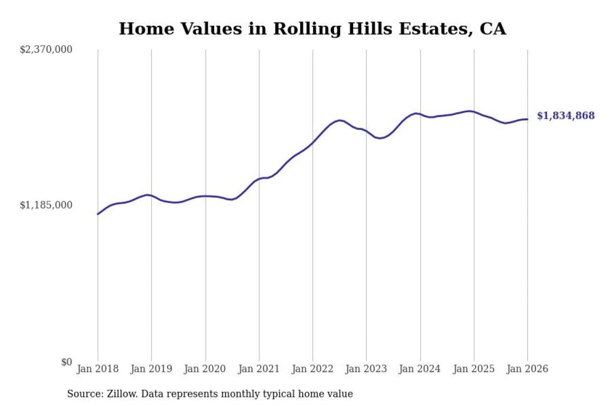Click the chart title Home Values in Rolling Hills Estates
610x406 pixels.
click(312, 29)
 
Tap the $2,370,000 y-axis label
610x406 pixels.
click(46, 50)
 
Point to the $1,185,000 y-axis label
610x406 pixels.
click(46, 205)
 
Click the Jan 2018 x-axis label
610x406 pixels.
click(98, 369)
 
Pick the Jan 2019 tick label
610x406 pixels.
click(152, 369)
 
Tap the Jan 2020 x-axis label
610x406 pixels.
click(205, 369)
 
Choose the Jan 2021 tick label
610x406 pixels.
click(259, 369)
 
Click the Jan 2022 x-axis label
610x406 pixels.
click(313, 369)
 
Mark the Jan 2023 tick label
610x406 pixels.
click(366, 369)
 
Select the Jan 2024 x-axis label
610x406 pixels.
click(420, 369)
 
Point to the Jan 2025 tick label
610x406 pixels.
click(474, 369)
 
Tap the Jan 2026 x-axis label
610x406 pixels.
click(528, 369)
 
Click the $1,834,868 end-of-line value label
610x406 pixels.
click(566, 116)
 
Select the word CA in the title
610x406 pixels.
click(493, 29)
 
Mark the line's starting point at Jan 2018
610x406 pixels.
click(98, 214)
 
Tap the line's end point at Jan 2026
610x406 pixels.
click(528, 119)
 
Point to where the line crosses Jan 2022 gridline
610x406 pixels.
click(313, 142)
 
